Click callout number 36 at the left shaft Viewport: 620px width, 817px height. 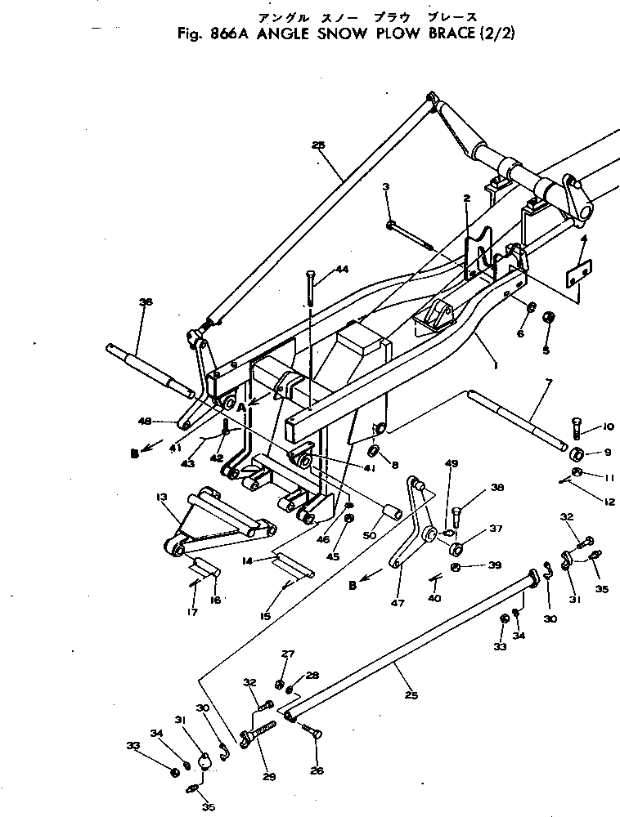(146, 302)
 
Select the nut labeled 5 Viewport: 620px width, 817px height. (549, 318)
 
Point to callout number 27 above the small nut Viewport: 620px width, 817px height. (287, 654)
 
